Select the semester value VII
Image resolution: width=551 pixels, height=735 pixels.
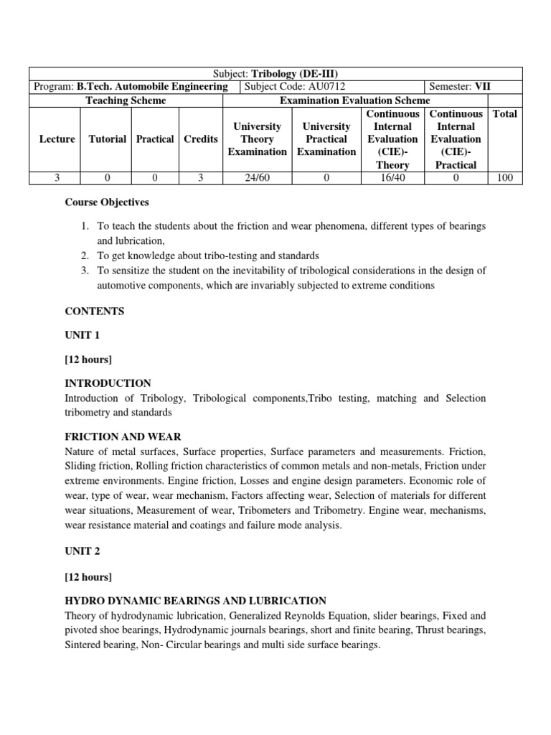pyautogui.click(x=482, y=87)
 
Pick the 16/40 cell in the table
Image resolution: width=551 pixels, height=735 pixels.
pyautogui.click(x=392, y=178)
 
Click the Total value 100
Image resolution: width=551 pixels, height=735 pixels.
pyautogui.click(x=505, y=178)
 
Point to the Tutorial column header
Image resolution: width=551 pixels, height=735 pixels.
pyautogui.click(x=108, y=139)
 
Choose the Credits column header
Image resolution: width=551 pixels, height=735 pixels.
pyautogui.click(x=201, y=139)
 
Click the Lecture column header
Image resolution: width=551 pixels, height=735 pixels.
pyautogui.click(x=57, y=139)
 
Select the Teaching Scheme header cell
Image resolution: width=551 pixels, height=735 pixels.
pyautogui.click(x=126, y=100)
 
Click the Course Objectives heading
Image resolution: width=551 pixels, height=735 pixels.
pyautogui.click(x=107, y=203)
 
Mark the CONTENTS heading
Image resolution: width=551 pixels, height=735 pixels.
pyautogui.click(x=94, y=312)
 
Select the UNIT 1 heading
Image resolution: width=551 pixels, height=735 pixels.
pyautogui.click(x=82, y=335)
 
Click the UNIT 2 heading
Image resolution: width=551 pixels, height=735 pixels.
pyautogui.click(x=82, y=553)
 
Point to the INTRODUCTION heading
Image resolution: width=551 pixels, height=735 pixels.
pyautogui.click(x=108, y=383)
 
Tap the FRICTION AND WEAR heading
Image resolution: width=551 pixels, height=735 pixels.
pyautogui.click(x=123, y=436)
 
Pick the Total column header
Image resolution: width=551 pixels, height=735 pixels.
pyautogui.click(x=505, y=113)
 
